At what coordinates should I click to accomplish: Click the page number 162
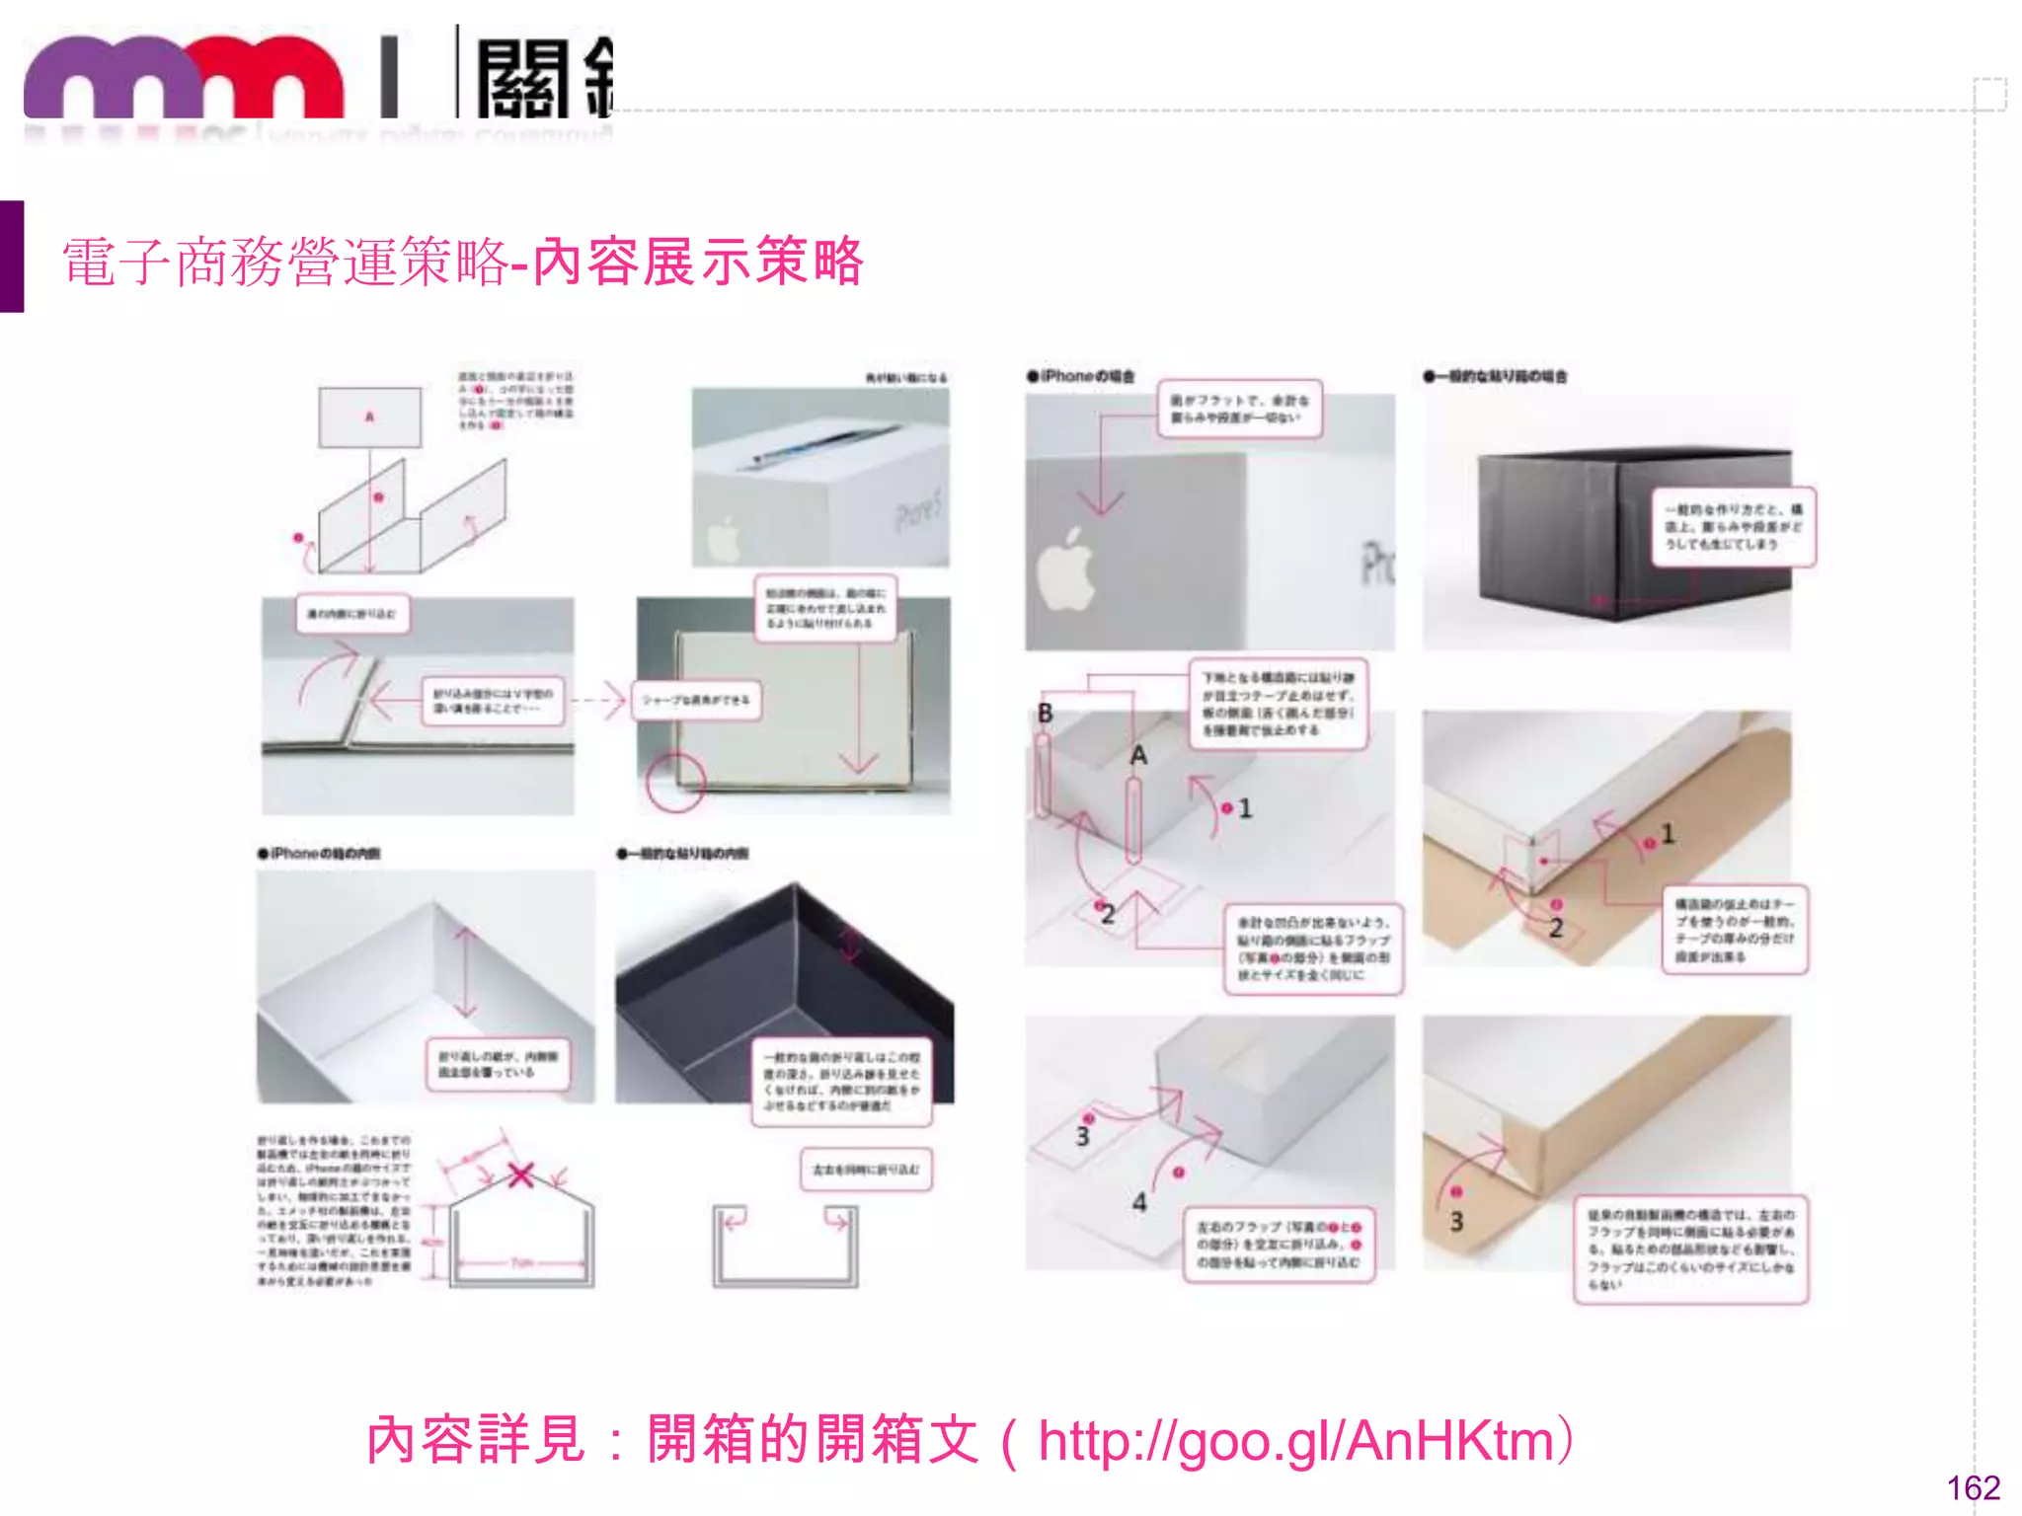1973,1487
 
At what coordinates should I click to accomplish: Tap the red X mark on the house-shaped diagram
520,1175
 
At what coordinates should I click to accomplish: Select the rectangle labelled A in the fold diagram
369,417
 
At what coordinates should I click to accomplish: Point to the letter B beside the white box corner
1045,713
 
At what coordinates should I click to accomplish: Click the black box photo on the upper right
1619,533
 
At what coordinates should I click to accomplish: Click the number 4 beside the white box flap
1139,1201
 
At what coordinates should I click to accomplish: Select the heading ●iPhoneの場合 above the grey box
1081,376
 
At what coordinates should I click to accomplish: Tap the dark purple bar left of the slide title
12,257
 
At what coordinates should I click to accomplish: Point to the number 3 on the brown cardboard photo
1456,1222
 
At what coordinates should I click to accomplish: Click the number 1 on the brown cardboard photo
1668,834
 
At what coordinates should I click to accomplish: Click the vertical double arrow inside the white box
466,972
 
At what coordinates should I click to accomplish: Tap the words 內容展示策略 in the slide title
698,263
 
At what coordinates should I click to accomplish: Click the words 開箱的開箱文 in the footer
813,1441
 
